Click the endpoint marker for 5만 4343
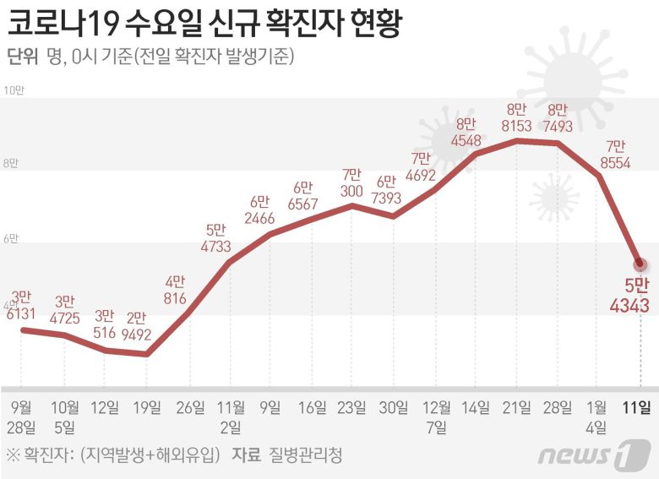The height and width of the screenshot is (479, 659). point(640,264)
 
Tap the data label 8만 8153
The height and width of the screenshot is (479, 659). point(516,117)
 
